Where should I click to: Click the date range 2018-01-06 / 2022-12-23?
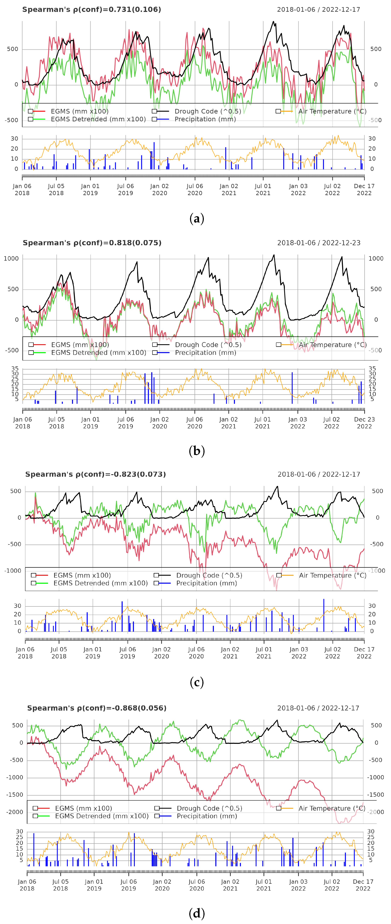pos(318,243)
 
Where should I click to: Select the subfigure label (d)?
pos(196,913)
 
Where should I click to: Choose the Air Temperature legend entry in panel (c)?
pos(332,575)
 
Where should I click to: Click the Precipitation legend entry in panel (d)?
pos(207,816)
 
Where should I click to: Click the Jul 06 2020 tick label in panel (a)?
pos(195,189)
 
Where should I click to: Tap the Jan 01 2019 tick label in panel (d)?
pos(94,885)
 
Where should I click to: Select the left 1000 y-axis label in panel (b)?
pos(11,259)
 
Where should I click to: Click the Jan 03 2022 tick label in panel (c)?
pos(299,652)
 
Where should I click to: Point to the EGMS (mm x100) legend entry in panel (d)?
pos(83,808)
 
